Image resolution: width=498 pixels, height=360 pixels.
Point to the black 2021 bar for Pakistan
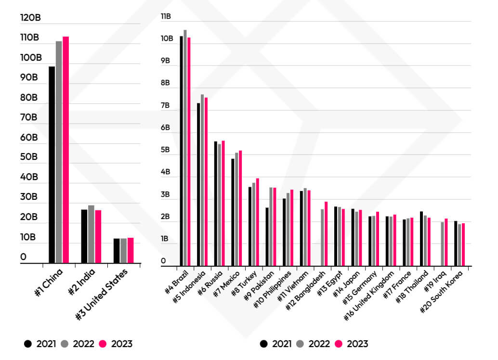[x=267, y=236]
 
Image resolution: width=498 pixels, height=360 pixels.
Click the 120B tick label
[x=30, y=18]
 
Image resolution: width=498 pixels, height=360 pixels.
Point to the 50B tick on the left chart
[x=28, y=157]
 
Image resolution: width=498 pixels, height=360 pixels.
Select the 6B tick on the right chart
[x=166, y=128]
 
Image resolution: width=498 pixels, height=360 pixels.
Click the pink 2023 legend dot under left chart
[x=102, y=344]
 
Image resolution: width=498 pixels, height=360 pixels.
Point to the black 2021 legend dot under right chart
[x=263, y=344]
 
